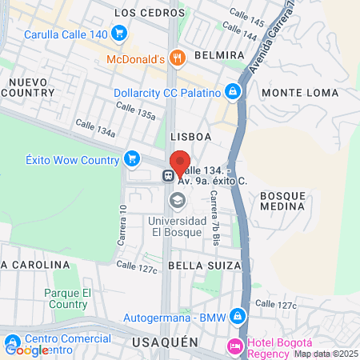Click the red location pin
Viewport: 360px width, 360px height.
[x=179, y=162]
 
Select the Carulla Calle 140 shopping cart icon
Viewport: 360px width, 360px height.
[x=119, y=34]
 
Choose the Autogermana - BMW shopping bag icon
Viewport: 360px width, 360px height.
[x=236, y=318]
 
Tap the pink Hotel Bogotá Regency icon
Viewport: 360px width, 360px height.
[x=236, y=346]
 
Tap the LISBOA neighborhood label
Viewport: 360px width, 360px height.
[x=190, y=137]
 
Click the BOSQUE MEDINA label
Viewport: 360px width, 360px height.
[x=283, y=201]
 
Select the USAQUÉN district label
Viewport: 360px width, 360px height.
[x=162, y=342]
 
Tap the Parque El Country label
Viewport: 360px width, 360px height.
[x=66, y=298]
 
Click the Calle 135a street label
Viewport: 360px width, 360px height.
[x=134, y=110]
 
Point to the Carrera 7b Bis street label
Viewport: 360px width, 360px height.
[x=214, y=221]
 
